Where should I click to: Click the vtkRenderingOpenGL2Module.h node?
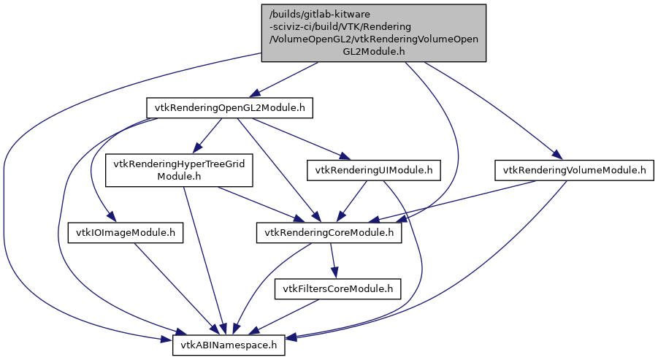pyautogui.click(x=230, y=108)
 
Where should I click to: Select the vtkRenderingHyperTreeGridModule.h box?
pyautogui.click(x=179, y=171)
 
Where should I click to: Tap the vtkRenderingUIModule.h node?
pyautogui.click(x=374, y=171)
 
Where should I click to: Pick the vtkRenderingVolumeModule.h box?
pyautogui.click(x=574, y=171)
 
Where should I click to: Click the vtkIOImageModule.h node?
pyautogui.click(x=126, y=233)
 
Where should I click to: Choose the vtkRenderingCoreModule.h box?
pyautogui.click(x=329, y=233)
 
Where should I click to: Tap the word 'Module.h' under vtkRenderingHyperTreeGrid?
pyautogui.click(x=179, y=177)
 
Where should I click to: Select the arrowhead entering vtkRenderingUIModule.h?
pyautogui.click(x=343, y=156)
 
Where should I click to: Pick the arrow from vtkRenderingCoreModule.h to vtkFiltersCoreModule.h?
pyautogui.click(x=333, y=260)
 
